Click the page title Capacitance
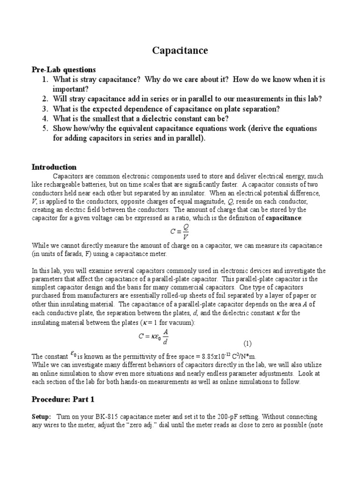coord(180,51)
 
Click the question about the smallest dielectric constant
coord(141,119)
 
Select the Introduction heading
coord(54,167)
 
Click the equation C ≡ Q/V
coord(180,232)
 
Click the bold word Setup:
coord(41,417)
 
